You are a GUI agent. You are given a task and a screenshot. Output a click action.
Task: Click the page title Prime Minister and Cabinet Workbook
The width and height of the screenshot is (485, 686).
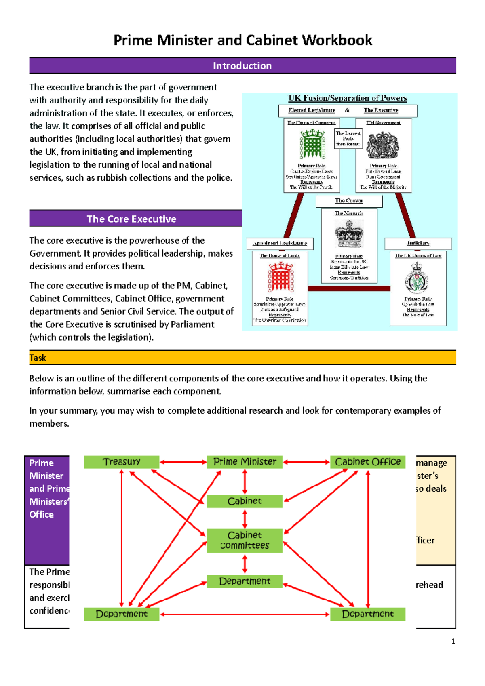[x=242, y=40]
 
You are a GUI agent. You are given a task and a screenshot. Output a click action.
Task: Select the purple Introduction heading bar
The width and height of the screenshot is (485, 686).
[x=242, y=66]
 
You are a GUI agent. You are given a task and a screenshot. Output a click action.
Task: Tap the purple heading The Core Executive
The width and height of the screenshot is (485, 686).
[x=131, y=219]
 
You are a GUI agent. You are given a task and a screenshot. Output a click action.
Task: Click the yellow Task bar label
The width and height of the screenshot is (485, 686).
[x=38, y=358]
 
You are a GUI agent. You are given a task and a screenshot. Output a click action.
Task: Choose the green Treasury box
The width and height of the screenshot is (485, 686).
[x=121, y=462]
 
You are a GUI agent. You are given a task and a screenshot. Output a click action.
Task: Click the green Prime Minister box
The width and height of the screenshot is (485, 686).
[x=245, y=462]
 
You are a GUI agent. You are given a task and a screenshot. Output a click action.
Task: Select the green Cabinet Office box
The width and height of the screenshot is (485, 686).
[x=367, y=462]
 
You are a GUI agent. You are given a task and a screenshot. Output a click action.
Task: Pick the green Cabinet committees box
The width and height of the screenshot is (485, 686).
[x=245, y=540]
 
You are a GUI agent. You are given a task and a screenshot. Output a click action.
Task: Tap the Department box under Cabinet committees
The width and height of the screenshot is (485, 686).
[x=245, y=581]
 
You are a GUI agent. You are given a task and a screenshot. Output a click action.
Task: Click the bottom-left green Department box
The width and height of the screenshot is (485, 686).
[x=121, y=614]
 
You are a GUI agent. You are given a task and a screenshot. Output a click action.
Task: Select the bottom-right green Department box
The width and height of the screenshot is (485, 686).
[x=367, y=614]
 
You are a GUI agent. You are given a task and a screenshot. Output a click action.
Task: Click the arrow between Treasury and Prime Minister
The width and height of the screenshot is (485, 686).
[x=183, y=462]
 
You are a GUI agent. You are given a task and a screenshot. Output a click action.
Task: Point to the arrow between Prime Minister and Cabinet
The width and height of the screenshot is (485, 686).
[x=245, y=482]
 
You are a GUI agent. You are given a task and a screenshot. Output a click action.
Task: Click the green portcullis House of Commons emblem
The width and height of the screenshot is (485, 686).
[x=312, y=145]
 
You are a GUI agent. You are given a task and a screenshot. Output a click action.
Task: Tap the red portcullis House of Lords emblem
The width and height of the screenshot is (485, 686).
[x=280, y=277]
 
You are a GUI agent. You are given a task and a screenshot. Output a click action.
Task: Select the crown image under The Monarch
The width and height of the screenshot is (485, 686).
[x=349, y=234]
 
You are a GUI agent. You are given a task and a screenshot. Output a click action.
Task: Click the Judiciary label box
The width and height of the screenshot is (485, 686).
[x=418, y=243]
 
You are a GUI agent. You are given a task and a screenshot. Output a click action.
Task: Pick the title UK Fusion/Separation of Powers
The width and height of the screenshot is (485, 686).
[x=348, y=98]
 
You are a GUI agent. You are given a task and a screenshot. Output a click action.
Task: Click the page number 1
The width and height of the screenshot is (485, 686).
[x=453, y=641]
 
